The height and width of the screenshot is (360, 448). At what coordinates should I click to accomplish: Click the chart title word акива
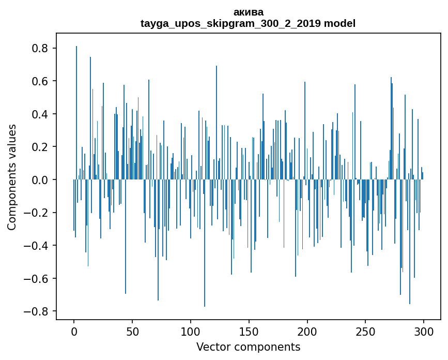tap(248, 12)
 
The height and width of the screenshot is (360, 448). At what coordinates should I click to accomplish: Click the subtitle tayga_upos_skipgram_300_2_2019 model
tap(248, 23)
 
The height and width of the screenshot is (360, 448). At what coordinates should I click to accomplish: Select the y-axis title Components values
tap(12, 177)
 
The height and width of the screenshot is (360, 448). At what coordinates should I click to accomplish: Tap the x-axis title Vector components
tap(248, 347)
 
